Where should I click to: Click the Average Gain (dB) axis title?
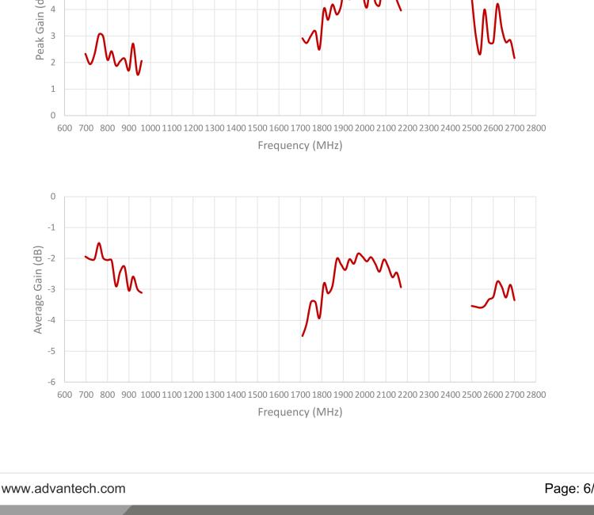pos(38,288)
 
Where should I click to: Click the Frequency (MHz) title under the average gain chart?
pos(299,412)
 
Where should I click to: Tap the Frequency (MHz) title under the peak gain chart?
pos(299,146)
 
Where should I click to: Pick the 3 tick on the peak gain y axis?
pos(54,36)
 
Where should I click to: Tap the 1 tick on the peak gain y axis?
pos(54,89)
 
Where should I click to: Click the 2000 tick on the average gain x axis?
pos(364,395)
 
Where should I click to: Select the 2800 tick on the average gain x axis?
pos(536,395)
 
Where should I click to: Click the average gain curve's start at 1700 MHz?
pos(303,336)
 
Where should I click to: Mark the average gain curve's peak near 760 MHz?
pos(99,242)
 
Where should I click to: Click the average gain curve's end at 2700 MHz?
pos(515,300)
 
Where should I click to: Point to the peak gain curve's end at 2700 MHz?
pos(515,58)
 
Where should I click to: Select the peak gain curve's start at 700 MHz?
pos(86,53)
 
